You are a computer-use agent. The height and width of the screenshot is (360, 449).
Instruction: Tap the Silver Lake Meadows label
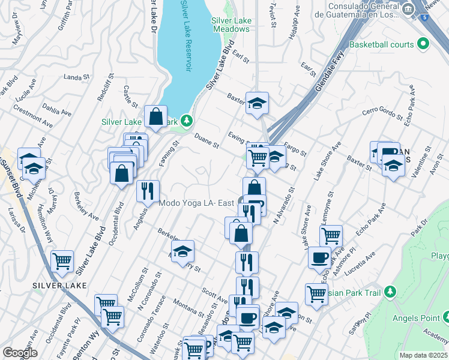click(231, 25)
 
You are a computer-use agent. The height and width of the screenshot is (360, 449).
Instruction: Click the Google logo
click(20, 353)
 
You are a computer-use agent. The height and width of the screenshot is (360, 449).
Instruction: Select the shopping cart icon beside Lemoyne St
click(331, 236)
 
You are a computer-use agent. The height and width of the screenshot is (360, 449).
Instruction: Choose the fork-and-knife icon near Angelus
click(148, 191)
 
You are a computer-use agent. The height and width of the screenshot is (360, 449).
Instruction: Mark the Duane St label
click(206, 140)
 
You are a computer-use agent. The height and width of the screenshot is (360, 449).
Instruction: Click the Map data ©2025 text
click(424, 355)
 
